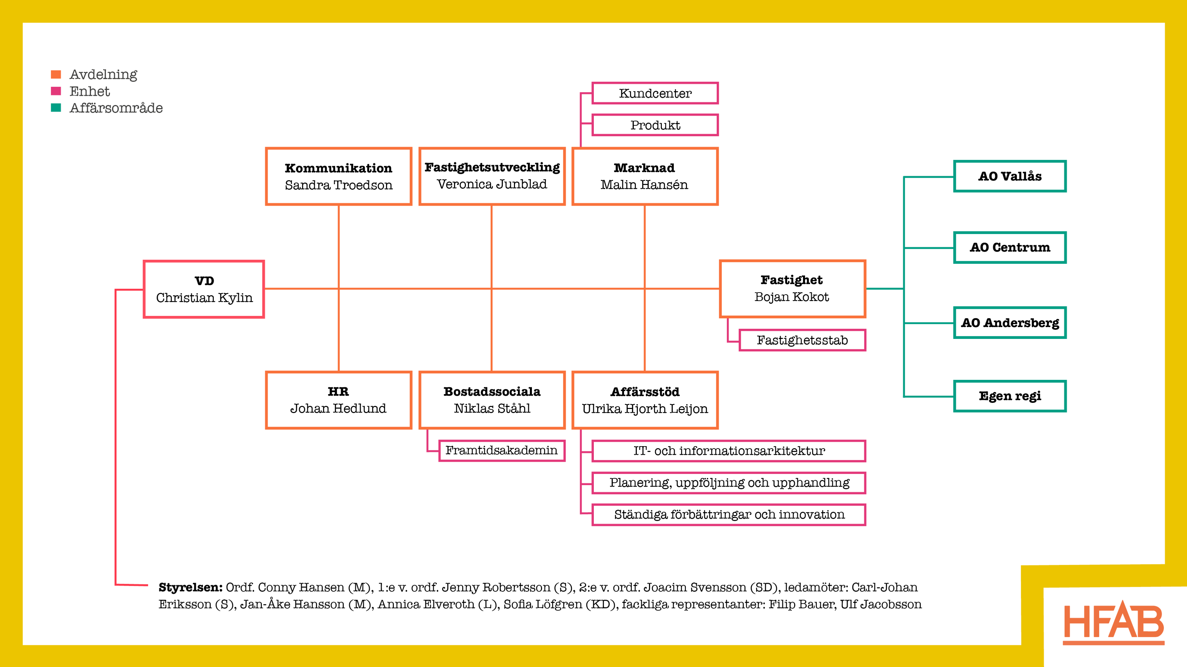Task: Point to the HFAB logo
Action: tap(1114, 622)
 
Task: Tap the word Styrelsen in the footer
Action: tap(190, 587)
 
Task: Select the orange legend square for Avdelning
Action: tap(56, 74)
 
